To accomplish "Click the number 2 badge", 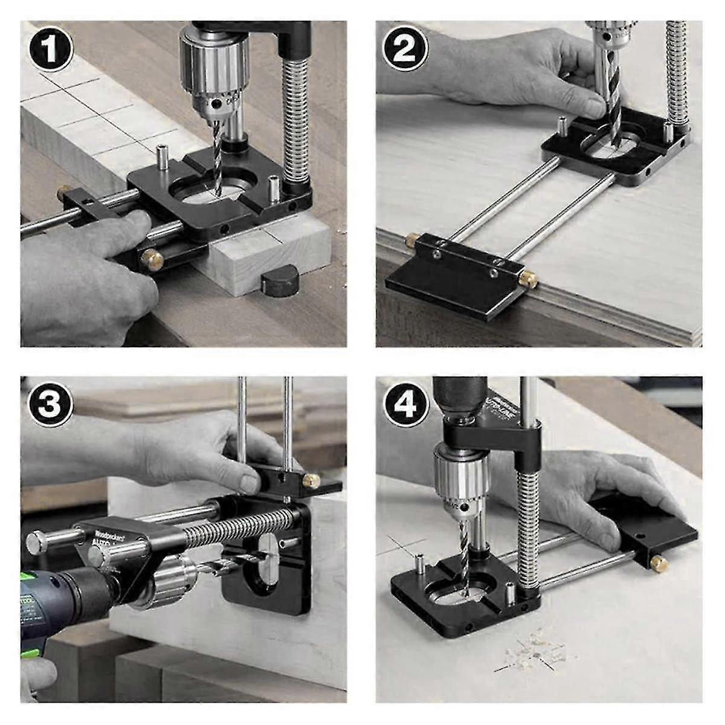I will point(405,51).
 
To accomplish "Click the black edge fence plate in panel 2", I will point(447,284).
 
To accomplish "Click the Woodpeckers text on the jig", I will point(109,535).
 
